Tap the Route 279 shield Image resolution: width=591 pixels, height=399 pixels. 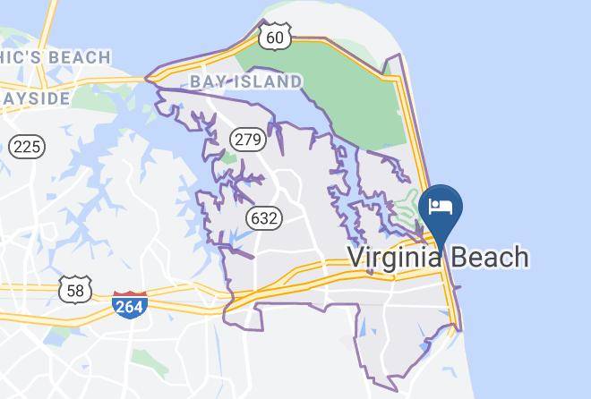coord(246,140)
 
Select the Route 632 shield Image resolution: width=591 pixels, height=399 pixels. coord(265,217)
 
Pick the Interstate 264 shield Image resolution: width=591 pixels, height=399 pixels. coord(131,305)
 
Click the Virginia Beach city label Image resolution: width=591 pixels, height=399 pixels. coord(437,258)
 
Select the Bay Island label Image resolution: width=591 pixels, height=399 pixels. coord(245,81)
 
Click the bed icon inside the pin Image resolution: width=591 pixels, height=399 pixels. coord(441,207)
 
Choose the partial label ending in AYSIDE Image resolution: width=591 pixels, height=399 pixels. coord(35,97)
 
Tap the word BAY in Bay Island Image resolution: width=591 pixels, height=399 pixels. coord(207,81)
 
